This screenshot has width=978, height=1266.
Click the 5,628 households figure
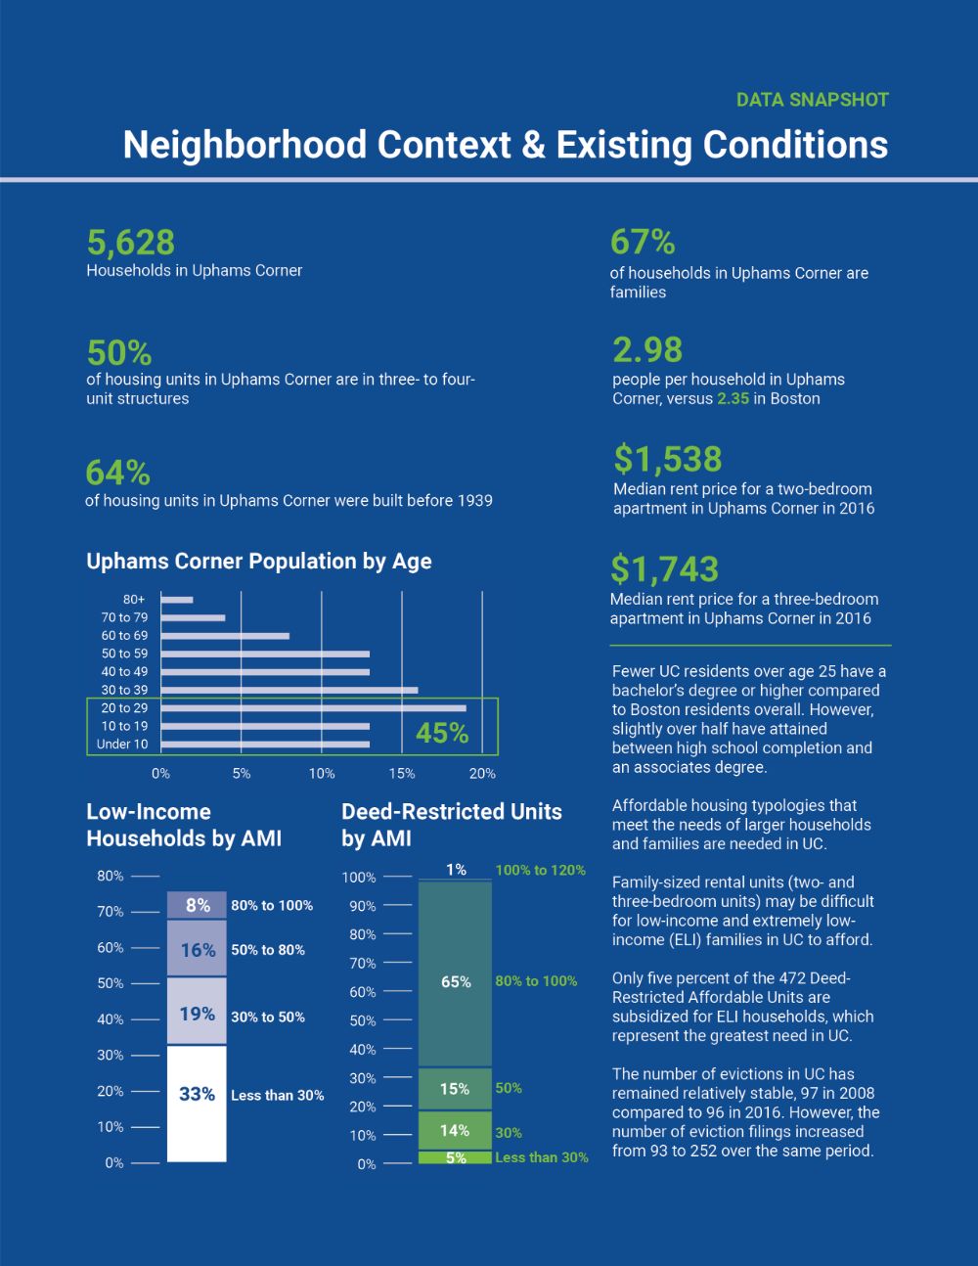pyautogui.click(x=131, y=243)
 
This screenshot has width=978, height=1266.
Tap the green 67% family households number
pyautogui.click(x=643, y=242)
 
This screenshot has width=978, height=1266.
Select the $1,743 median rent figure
pyautogui.click(x=664, y=568)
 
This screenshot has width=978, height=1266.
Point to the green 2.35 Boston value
pyautogui.click(x=733, y=398)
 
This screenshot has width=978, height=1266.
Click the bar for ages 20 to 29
pyautogui.click(x=313, y=707)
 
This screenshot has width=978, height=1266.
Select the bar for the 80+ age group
pyautogui.click(x=177, y=600)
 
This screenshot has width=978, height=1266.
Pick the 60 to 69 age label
pyautogui.click(x=124, y=636)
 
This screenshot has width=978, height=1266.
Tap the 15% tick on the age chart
pyautogui.click(x=402, y=773)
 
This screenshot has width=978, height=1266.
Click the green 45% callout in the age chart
pyautogui.click(x=442, y=733)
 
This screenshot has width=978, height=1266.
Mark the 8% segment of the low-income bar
pyautogui.click(x=197, y=905)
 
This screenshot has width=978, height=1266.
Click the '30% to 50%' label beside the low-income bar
pyautogui.click(x=268, y=1017)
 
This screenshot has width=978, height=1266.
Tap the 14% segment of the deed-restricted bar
pyautogui.click(x=455, y=1130)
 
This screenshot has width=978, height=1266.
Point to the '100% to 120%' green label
pyautogui.click(x=540, y=870)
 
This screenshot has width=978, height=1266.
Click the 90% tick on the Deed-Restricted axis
pyautogui.click(x=363, y=906)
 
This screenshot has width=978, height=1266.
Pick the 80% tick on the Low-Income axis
pyautogui.click(x=111, y=876)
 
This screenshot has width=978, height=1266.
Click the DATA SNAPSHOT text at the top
pyautogui.click(x=812, y=100)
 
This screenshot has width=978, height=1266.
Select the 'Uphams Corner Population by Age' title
pyautogui.click(x=259, y=562)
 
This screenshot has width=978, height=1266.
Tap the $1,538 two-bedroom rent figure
pyautogui.click(x=667, y=459)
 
